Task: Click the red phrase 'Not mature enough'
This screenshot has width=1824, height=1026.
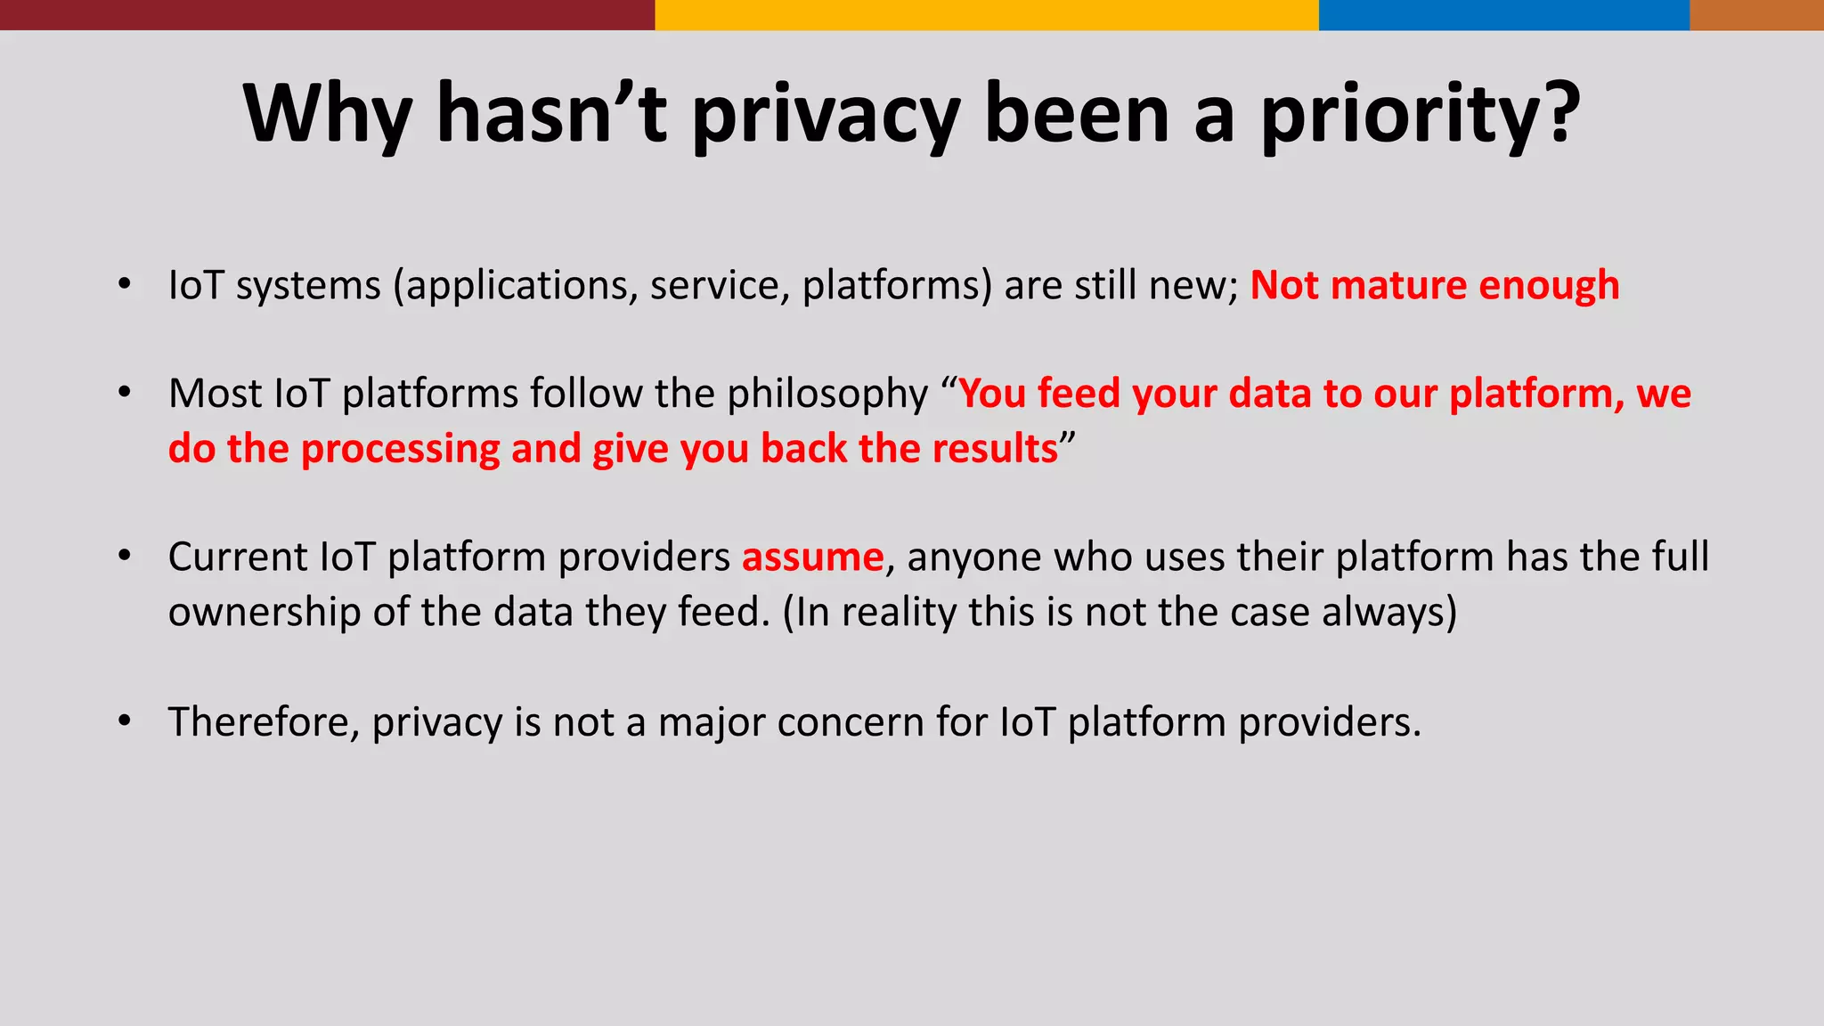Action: click(1434, 285)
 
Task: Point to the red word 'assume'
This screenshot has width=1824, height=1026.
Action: click(812, 558)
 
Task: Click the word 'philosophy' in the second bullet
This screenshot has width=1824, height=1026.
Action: click(827, 395)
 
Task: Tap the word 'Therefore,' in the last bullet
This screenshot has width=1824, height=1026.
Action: click(264, 721)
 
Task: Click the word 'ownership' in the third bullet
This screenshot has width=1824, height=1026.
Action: click(264, 613)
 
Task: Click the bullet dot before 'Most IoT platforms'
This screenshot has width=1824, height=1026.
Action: click(125, 393)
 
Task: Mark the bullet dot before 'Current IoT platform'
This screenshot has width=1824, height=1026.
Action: click(125, 557)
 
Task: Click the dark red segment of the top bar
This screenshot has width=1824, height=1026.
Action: click(327, 14)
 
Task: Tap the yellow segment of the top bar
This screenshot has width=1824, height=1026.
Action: click(986, 14)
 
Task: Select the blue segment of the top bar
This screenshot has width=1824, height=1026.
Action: click(1503, 14)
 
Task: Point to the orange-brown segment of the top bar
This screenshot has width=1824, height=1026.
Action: click(1756, 14)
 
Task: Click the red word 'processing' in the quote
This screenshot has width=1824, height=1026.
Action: click(400, 449)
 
